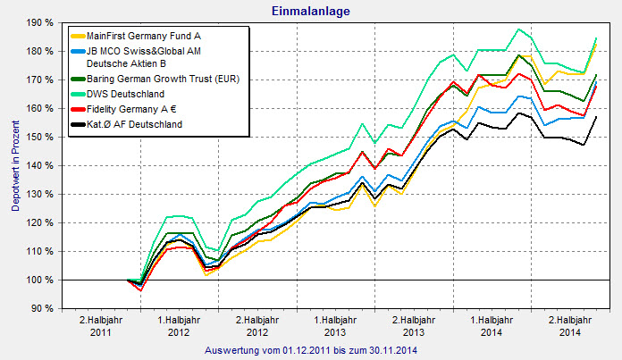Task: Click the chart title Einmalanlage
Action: (x=310, y=11)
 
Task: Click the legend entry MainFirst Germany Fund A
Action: (x=143, y=35)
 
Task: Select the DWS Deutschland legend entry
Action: (x=129, y=94)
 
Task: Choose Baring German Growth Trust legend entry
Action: (x=157, y=80)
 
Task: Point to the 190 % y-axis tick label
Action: (x=39, y=22)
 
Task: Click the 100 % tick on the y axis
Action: (x=39, y=280)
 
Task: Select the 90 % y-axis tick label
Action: (x=42, y=308)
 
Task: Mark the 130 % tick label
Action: (x=39, y=194)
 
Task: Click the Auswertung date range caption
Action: (x=310, y=349)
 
